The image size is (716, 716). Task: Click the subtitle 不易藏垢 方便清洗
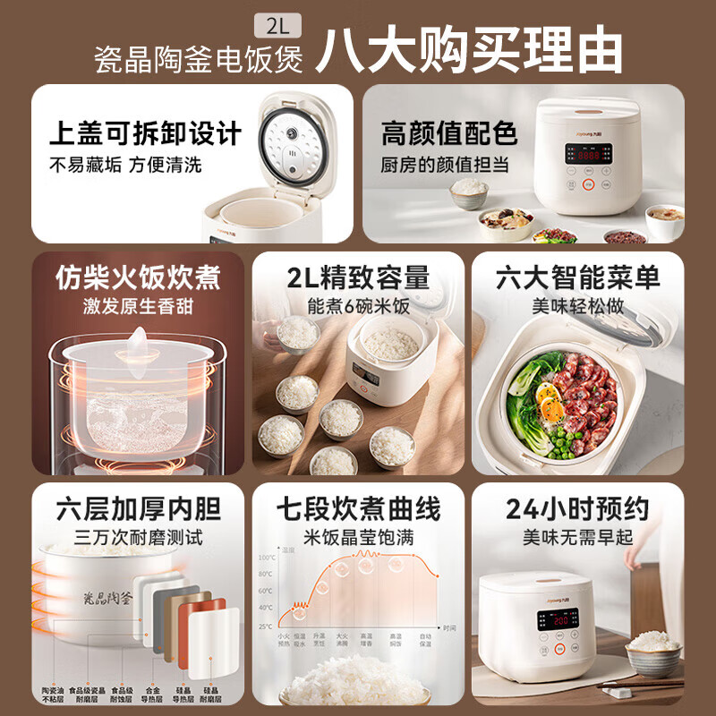point(125,165)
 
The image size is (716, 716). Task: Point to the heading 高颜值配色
point(449,134)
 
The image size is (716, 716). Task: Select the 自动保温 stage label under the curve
point(425,642)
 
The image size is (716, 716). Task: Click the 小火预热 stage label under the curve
point(284,642)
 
